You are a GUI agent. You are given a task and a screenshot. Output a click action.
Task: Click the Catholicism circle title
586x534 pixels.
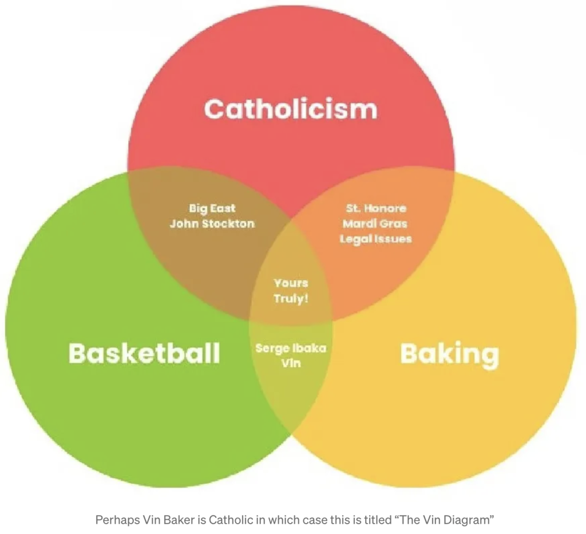[x=291, y=108]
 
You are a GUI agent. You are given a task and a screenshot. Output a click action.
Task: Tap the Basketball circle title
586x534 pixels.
[x=144, y=353]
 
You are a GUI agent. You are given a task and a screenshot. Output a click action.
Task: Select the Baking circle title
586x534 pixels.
[x=449, y=354]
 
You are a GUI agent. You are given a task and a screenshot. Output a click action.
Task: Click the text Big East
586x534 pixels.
[x=212, y=208]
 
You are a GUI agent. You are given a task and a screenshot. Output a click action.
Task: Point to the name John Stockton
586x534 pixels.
[x=212, y=223]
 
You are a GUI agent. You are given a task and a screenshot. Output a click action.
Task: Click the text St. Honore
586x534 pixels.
[x=376, y=208]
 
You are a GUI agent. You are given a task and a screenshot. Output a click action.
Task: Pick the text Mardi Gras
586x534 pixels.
[x=375, y=223]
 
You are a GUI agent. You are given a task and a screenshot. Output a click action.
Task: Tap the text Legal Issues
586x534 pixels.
[x=375, y=238]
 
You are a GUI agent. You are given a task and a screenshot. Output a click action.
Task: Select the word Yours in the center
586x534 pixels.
[x=291, y=283]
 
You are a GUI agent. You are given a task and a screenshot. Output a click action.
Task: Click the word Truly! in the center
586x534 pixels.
[x=291, y=298]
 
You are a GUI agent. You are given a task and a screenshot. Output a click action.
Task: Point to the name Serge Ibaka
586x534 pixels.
[x=291, y=348]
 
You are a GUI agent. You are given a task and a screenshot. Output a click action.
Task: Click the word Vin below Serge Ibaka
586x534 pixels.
[x=291, y=363]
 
